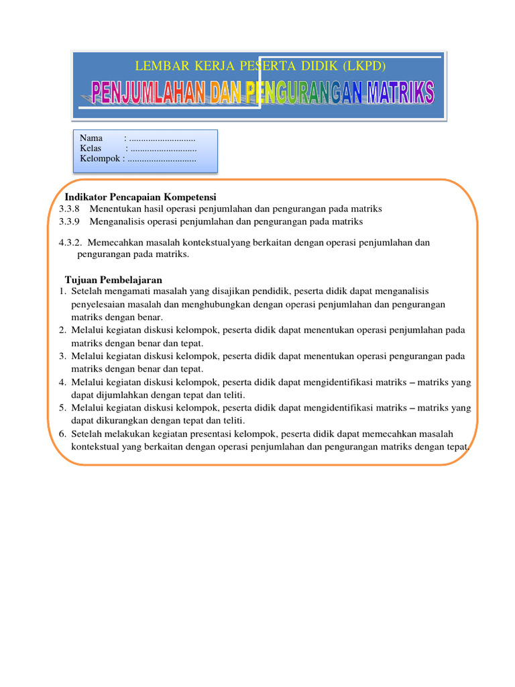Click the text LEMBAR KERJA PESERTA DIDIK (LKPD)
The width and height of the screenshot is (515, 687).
[x=261, y=66]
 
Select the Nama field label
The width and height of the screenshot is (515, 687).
[x=91, y=138]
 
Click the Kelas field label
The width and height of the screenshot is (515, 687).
[x=91, y=148]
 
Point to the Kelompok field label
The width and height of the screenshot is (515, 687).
[x=99, y=159]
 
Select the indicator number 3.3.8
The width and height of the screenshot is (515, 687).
[x=69, y=209]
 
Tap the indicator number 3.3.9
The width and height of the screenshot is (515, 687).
[x=69, y=221]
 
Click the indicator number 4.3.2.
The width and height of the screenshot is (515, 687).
[x=71, y=243]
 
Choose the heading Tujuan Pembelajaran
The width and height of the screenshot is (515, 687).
[x=113, y=279]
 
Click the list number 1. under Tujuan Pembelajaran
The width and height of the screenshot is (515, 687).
[x=62, y=291]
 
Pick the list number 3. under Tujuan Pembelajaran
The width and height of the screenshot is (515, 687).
[x=62, y=356]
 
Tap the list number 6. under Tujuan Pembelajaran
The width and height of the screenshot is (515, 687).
[x=62, y=434]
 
